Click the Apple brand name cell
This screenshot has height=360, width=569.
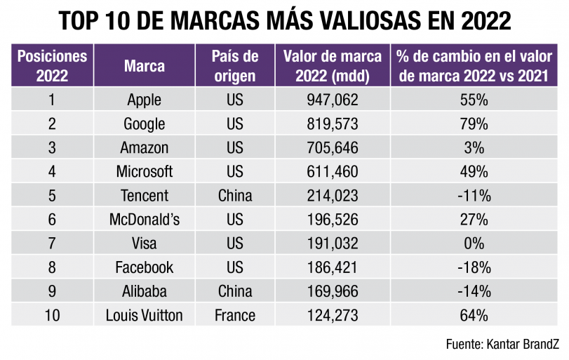coord(145,100)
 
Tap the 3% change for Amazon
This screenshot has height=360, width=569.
coord(474,148)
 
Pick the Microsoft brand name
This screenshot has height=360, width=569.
coord(145,172)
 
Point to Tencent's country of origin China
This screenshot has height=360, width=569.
coord(235,196)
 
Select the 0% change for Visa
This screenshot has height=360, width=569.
coord(474,244)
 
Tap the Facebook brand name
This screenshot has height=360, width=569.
coord(145,267)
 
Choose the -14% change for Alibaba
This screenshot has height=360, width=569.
coord(474,291)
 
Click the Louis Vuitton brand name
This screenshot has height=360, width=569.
coord(145,315)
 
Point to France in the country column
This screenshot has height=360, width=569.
coord(235,315)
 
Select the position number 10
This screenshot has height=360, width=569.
coord(52,315)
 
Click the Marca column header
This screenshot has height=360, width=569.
coord(145,66)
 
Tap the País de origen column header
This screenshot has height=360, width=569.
coord(235,66)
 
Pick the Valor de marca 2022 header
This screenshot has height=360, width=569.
coord(333,66)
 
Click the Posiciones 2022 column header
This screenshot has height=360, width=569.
coord(52,66)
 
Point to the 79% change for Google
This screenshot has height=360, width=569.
coord(474,124)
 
